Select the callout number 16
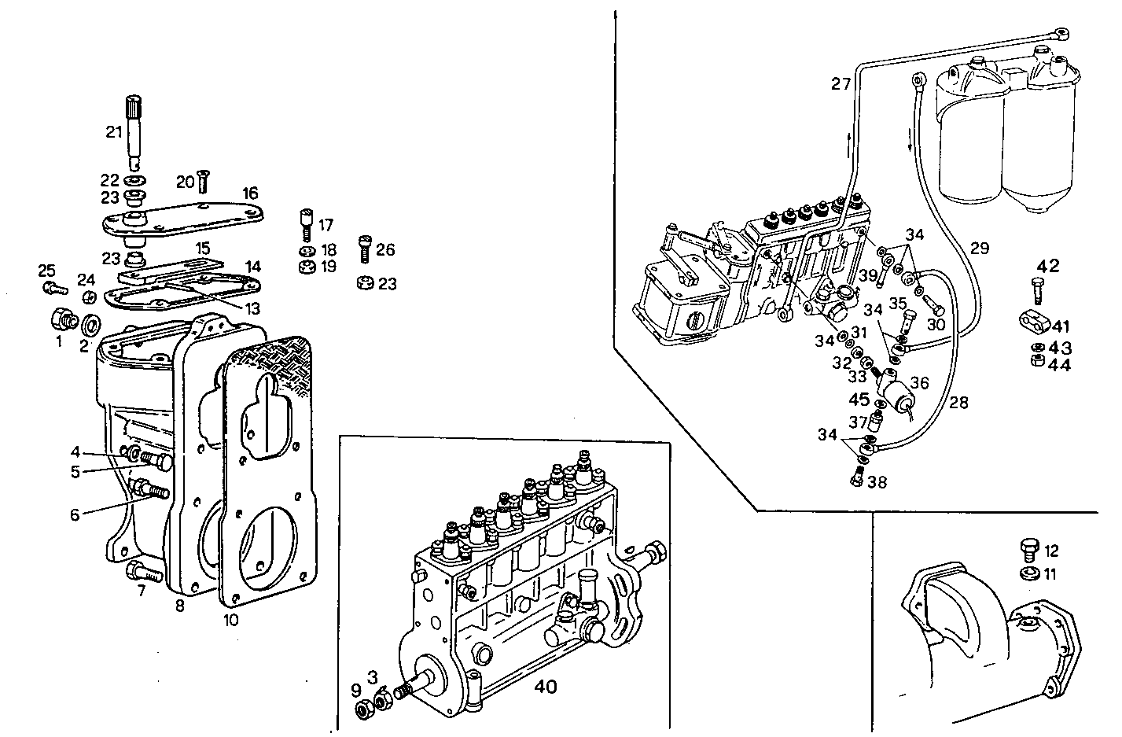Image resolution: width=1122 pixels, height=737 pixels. [250, 193]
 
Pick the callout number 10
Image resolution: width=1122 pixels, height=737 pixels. [230, 620]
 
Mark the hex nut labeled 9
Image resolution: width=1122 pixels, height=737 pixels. [364, 710]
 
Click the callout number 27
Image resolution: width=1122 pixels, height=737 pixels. [841, 83]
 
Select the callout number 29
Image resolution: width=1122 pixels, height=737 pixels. [979, 249]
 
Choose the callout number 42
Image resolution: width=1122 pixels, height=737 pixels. [1047, 266]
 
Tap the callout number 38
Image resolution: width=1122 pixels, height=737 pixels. [877, 481]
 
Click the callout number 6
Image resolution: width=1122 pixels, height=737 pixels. [75, 514]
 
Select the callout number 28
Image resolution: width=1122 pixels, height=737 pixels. [958, 403]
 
